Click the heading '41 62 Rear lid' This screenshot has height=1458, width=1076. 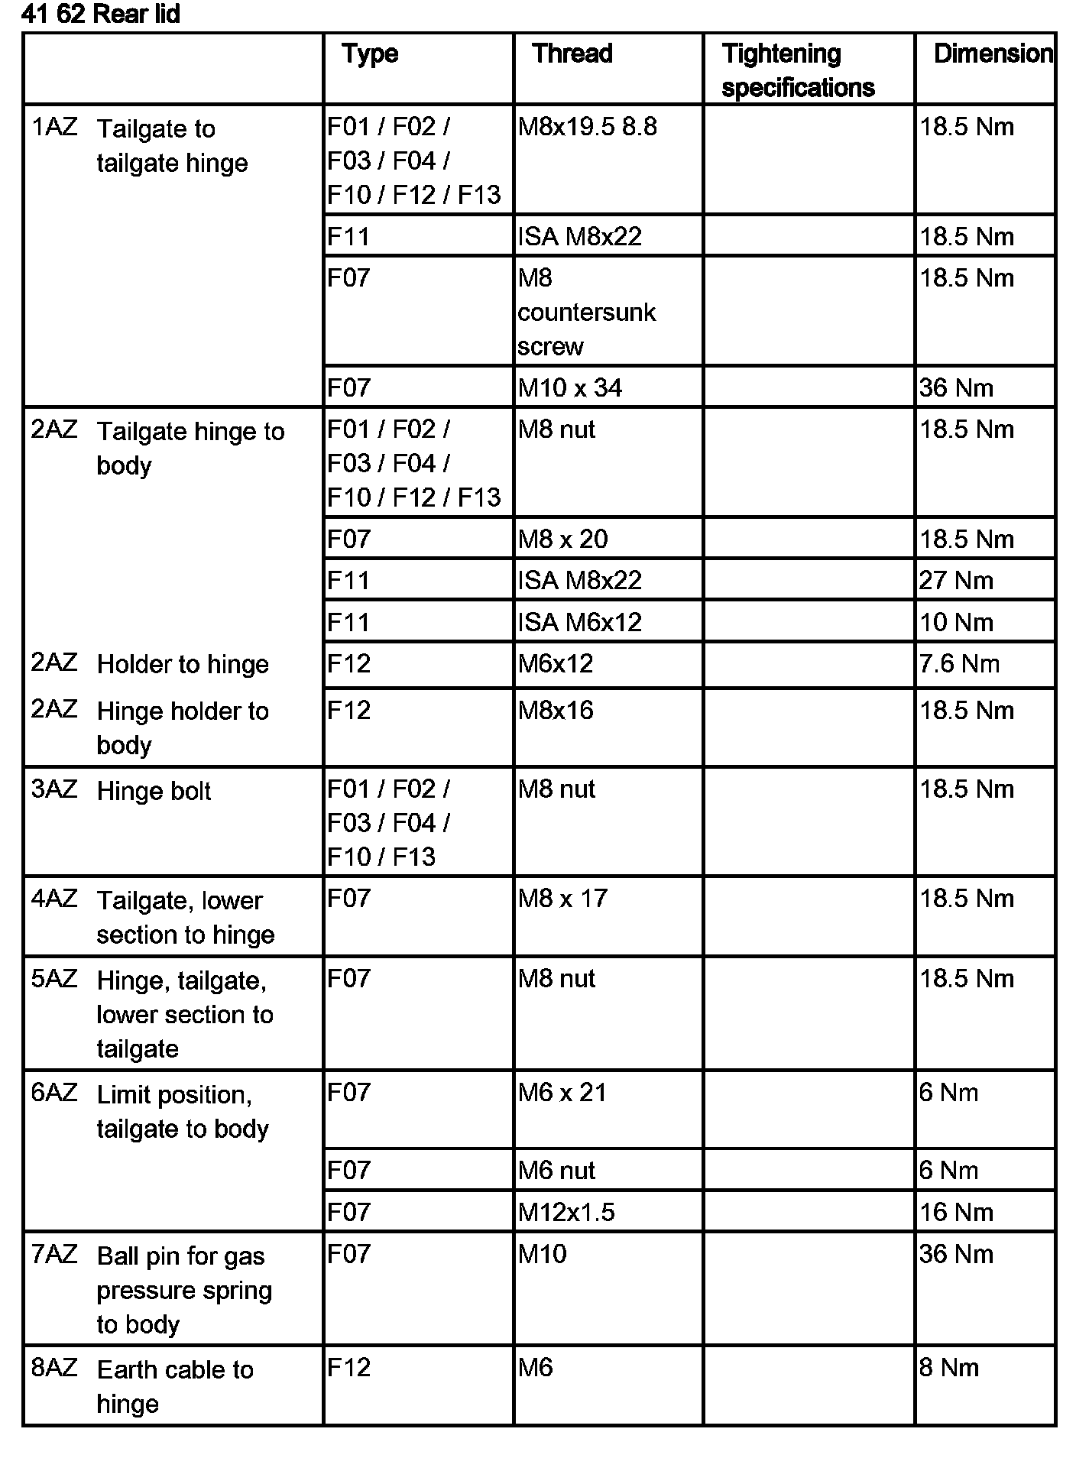[101, 15]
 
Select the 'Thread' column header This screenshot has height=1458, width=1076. [572, 53]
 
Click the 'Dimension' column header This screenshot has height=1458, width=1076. [993, 53]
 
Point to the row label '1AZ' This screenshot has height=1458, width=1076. [54, 127]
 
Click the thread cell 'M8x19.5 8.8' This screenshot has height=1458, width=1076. [587, 127]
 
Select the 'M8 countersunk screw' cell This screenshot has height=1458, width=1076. [586, 312]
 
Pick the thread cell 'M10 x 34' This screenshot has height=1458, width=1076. [569, 388]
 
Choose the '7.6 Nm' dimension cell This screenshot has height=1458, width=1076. [959, 663]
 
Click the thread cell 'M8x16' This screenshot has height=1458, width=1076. [556, 711]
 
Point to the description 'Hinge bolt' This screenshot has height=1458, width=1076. [154, 791]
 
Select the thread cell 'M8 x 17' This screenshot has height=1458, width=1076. [562, 898]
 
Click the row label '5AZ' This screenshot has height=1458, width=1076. [54, 979]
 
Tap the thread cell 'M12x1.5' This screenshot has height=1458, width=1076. [566, 1212]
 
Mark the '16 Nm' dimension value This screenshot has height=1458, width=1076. [956, 1212]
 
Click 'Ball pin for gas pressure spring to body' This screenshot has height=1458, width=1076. [184, 1290]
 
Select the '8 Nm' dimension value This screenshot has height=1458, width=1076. [949, 1367]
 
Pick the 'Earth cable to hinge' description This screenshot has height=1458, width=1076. [175, 1386]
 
